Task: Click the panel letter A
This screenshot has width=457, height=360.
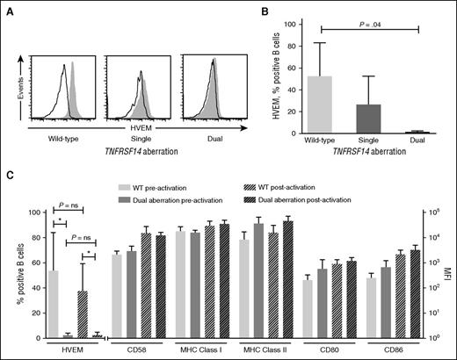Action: [8, 8]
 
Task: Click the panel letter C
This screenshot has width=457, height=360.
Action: [8, 186]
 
